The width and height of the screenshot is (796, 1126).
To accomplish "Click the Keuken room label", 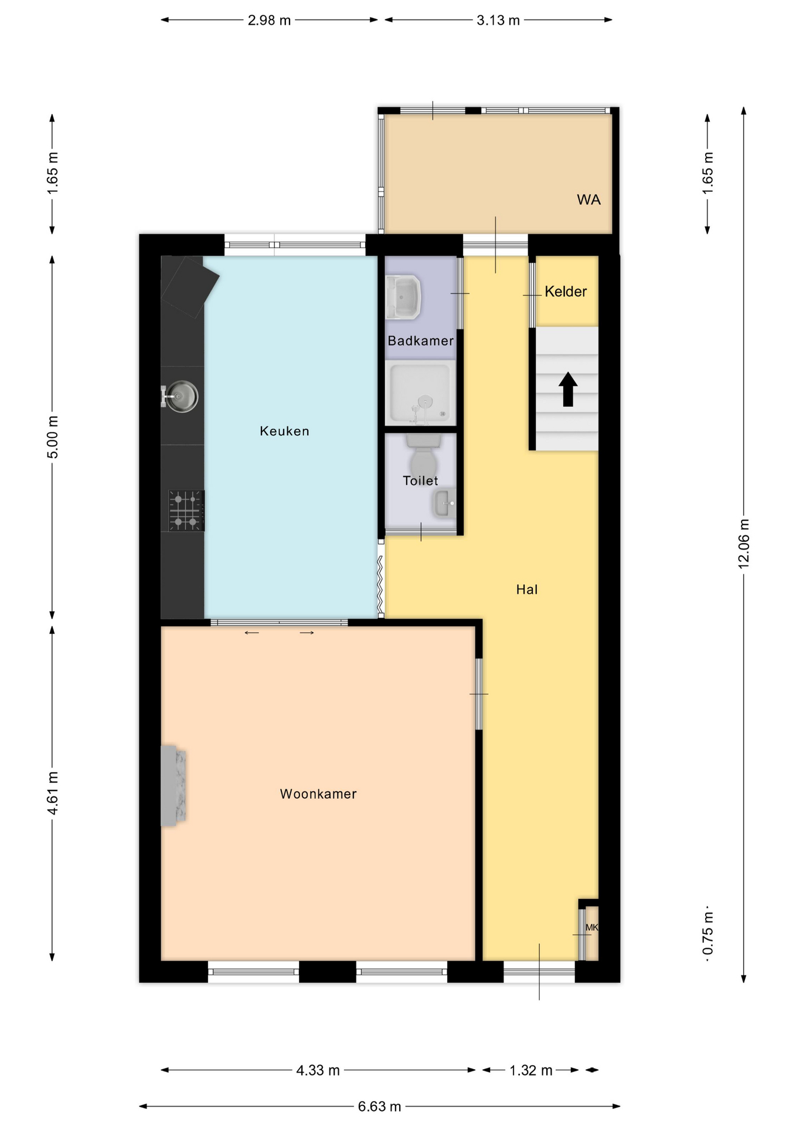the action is tap(284, 431).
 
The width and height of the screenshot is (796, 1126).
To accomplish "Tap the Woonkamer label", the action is tap(318, 793).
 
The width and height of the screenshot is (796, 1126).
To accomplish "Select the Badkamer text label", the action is tap(420, 341).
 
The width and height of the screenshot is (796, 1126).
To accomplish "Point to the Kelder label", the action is tap(566, 291).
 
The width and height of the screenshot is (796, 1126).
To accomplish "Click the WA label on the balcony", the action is tap(589, 200).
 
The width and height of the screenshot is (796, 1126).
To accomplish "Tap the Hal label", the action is tap(527, 589).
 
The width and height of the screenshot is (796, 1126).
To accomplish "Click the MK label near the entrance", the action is tap(591, 927).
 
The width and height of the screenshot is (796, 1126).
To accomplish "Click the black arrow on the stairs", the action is tap(567, 389).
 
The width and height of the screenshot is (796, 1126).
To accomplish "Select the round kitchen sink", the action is tap(181, 396).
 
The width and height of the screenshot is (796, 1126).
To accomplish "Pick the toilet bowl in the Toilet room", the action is tap(423, 457).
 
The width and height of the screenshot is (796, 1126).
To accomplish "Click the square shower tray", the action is tap(420, 392).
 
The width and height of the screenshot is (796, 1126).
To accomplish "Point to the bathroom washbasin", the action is tap(403, 297).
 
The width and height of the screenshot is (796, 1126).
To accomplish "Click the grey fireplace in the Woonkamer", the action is tap(174, 786).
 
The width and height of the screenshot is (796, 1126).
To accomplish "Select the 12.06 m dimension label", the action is tap(743, 544).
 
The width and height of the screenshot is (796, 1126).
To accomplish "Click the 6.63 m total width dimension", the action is tap(380, 1107).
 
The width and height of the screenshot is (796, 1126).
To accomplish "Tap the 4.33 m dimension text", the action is tap(318, 1070).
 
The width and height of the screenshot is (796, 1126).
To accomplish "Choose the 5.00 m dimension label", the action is tap(53, 437).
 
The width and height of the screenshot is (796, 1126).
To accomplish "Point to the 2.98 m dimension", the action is tap(269, 21).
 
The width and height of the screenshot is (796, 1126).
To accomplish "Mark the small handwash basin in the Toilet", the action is tap(444, 503).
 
